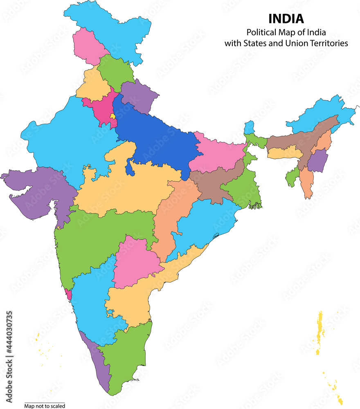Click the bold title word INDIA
(286, 19)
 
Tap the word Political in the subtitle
(261, 32)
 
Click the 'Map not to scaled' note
(45, 406)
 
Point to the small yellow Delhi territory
(112, 116)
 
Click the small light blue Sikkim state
(249, 128)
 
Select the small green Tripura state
(293, 178)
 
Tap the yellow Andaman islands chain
(319, 331)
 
